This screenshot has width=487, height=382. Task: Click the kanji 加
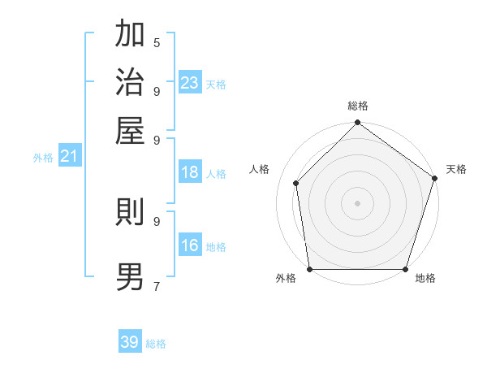pos(131,34)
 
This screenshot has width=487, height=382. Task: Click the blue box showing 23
pos(190,82)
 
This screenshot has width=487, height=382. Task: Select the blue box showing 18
pos(190,172)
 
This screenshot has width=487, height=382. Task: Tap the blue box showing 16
pos(190,245)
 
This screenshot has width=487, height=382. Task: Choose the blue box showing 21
pos(68,156)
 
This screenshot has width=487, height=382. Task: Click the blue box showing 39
pos(130,342)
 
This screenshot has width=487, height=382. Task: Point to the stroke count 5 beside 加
pos(157,42)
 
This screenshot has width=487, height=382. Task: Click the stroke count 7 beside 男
pos(157,285)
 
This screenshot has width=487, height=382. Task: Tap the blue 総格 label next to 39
pos(156,344)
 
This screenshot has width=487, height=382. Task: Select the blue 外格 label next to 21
pos(43,158)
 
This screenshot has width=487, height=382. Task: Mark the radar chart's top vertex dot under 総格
pos(357,124)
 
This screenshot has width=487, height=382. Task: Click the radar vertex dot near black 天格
pos(434,179)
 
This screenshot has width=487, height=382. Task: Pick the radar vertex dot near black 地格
pos(406,269)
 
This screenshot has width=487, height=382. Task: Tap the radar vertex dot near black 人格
pos(296,183)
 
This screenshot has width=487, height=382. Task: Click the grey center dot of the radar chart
pos(357,202)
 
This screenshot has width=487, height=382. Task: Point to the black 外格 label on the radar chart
pos(286,279)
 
